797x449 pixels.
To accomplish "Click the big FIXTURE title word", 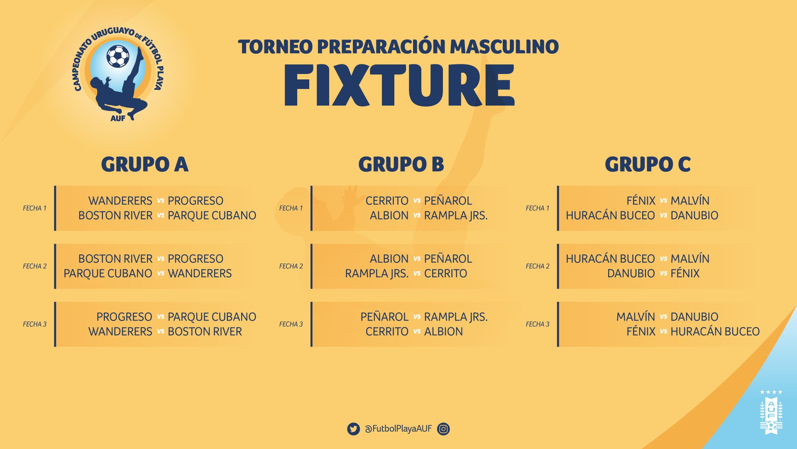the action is tap(399, 86).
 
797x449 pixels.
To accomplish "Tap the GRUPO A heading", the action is tap(145, 164).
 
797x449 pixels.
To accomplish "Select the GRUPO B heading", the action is tap(401, 164).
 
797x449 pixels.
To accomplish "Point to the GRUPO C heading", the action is tap(648, 164).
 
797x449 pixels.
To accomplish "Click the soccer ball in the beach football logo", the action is tap(118, 56).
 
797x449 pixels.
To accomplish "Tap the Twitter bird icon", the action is tap(354, 429).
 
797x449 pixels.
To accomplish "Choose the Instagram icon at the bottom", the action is tap(443, 429).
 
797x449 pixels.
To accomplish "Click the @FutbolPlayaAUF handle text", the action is tap(398, 429).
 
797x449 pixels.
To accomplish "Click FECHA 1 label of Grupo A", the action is tap(34, 208).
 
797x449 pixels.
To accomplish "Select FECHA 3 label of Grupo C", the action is tap(538, 324).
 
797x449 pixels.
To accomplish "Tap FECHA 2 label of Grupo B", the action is tap(291, 266).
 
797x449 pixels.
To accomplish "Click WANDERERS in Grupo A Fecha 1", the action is tap(120, 201).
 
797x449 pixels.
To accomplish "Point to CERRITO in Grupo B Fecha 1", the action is tap(387, 201).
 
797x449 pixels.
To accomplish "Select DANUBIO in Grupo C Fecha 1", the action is tap(694, 215).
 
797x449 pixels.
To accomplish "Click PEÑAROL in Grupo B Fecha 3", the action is tap(384, 317).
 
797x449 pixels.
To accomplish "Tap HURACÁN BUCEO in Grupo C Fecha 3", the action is tap(715, 331).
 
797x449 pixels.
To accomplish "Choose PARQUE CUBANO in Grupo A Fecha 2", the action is tap(108, 274).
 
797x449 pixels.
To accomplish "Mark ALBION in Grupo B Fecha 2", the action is tap(389, 259).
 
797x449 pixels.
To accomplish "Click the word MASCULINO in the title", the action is tap(504, 47).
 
